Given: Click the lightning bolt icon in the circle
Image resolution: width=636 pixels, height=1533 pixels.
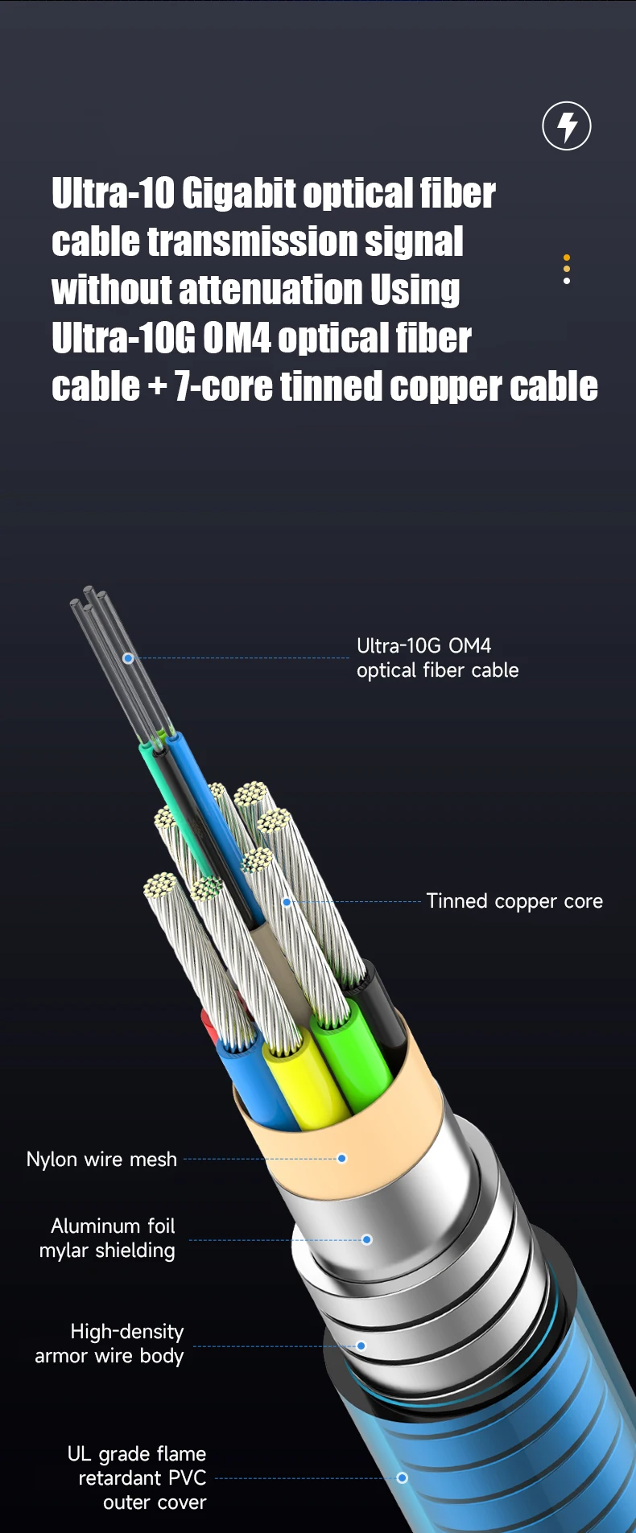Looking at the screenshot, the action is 567,126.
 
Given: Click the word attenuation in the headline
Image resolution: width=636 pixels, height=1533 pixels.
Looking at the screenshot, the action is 271,291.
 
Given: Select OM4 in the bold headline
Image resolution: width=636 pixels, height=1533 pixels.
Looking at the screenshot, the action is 237,339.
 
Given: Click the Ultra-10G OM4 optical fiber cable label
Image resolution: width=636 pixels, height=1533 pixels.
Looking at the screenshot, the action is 437,657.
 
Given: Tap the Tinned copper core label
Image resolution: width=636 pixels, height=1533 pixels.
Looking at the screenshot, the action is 514,901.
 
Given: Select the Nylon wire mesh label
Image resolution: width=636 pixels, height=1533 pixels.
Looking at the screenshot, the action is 101,1159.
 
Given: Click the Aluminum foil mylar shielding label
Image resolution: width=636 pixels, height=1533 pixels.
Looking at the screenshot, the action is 108,1238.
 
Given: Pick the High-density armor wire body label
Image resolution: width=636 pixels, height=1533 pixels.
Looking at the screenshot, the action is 110,1343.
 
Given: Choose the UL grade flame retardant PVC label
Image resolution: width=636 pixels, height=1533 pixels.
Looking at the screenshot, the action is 138,1477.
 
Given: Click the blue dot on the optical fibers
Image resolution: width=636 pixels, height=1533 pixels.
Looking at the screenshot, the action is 128,658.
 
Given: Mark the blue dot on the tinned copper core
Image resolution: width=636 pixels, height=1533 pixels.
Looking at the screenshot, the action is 287,902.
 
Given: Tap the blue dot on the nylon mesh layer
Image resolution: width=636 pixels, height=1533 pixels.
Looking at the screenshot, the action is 342,1159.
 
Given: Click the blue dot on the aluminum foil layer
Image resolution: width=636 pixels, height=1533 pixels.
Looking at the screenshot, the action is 367,1239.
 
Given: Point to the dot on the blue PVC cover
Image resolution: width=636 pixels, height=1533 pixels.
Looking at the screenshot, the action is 403,1477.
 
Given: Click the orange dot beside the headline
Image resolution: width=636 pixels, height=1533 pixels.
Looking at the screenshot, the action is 567,258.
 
